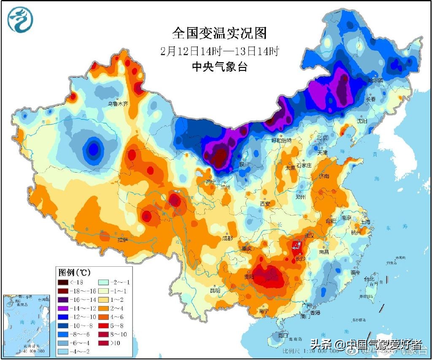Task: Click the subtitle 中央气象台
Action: (x=219, y=66)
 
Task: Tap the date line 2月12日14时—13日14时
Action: (x=219, y=51)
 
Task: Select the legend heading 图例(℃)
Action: (x=74, y=271)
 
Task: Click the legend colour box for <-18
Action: (x=64, y=282)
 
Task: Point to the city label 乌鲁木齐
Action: (x=117, y=103)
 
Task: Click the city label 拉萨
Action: (x=122, y=240)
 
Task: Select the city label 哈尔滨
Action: (x=375, y=79)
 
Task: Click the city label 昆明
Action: (x=215, y=290)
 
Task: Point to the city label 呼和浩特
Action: (x=282, y=140)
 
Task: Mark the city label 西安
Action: (x=265, y=203)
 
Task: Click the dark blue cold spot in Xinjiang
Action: (x=93, y=149)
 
